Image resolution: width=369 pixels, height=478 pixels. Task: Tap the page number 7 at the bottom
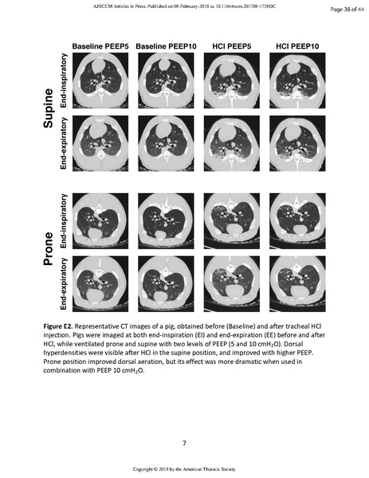pyautogui.click(x=184, y=442)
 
